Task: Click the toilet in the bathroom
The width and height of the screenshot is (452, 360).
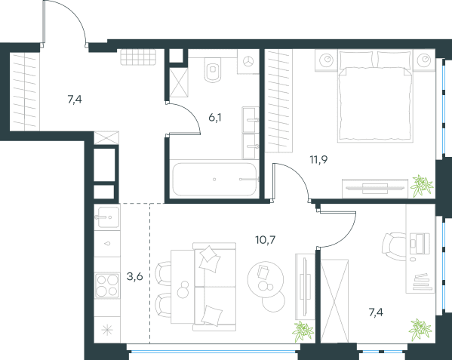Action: [x=214, y=69]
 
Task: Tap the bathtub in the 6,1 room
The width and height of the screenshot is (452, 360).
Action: [x=214, y=180]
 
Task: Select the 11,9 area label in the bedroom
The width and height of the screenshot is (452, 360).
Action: [x=318, y=159]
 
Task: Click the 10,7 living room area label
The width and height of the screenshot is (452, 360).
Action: [x=265, y=239]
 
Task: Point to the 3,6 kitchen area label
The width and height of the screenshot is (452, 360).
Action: [x=134, y=277]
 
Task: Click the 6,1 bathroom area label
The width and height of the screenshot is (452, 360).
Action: [x=215, y=118]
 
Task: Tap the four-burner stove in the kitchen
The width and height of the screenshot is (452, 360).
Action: [x=107, y=285]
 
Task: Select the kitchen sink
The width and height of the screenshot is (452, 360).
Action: [x=107, y=217]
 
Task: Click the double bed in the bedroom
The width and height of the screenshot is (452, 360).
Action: [x=375, y=97]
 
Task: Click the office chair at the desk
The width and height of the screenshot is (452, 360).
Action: [x=393, y=247]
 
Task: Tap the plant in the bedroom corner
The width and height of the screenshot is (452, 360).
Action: [x=422, y=186]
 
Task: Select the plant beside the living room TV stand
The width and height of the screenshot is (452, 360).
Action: [x=303, y=331]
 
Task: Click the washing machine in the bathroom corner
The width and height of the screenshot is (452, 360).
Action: [x=248, y=61]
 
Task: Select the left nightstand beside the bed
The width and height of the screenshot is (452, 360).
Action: [x=326, y=60]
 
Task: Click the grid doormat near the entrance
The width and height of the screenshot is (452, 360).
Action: [x=138, y=57]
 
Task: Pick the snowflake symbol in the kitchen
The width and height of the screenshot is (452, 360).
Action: [x=107, y=330]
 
